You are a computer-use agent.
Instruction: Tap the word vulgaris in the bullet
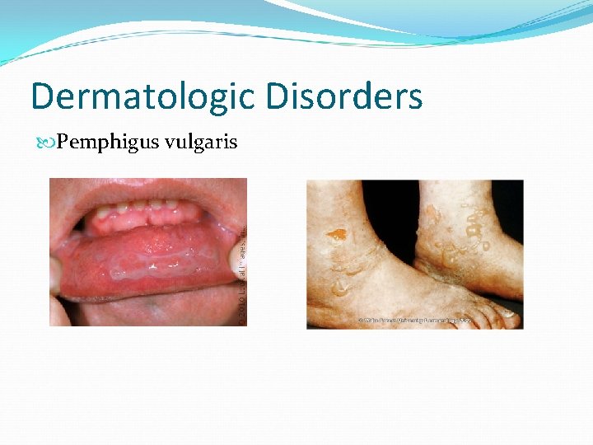[201, 143]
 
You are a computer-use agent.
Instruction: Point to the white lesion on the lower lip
[156, 265]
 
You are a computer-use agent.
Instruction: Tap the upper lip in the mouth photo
[148, 191]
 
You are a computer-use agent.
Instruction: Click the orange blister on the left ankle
[335, 235]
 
